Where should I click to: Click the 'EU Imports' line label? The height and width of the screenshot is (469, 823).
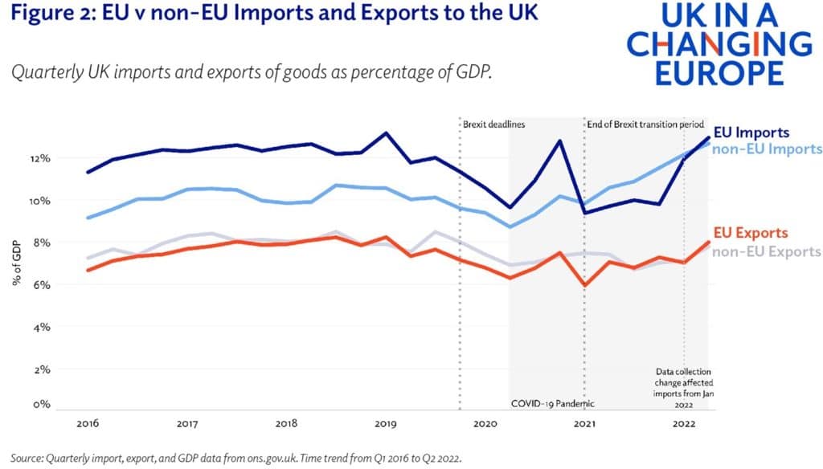(751, 133)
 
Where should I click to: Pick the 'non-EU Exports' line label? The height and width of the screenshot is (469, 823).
(765, 251)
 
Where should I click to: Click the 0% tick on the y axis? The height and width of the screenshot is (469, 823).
(42, 405)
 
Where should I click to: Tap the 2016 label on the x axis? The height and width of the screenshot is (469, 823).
(88, 423)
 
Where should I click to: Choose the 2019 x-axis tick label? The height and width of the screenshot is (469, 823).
(385, 423)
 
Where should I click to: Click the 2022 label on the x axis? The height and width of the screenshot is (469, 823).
(684, 423)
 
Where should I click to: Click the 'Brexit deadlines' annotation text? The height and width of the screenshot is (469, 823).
(493, 125)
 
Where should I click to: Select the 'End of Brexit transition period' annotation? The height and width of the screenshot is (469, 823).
(645, 125)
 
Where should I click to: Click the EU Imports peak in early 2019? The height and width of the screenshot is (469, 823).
(386, 133)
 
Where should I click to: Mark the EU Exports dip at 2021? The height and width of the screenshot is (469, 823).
(584, 285)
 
